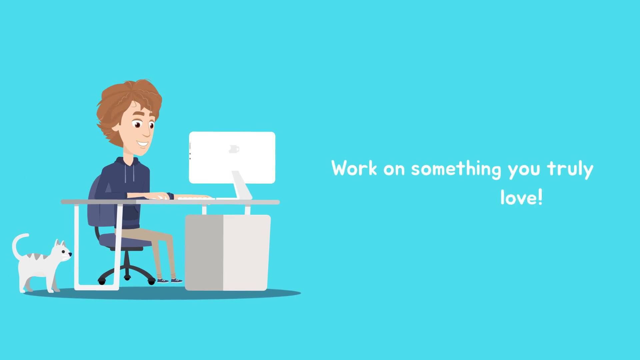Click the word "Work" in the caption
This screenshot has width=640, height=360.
pos(354,168)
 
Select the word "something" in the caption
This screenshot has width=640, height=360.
pos(456,169)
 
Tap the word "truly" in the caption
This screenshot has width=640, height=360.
pos(570,169)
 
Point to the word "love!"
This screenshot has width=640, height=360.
pos(522,197)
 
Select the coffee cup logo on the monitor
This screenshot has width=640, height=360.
pos(234,149)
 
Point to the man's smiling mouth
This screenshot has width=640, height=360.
pos(143,144)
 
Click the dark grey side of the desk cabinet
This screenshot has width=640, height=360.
pos(204,252)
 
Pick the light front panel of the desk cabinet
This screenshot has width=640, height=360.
pos(247,252)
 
